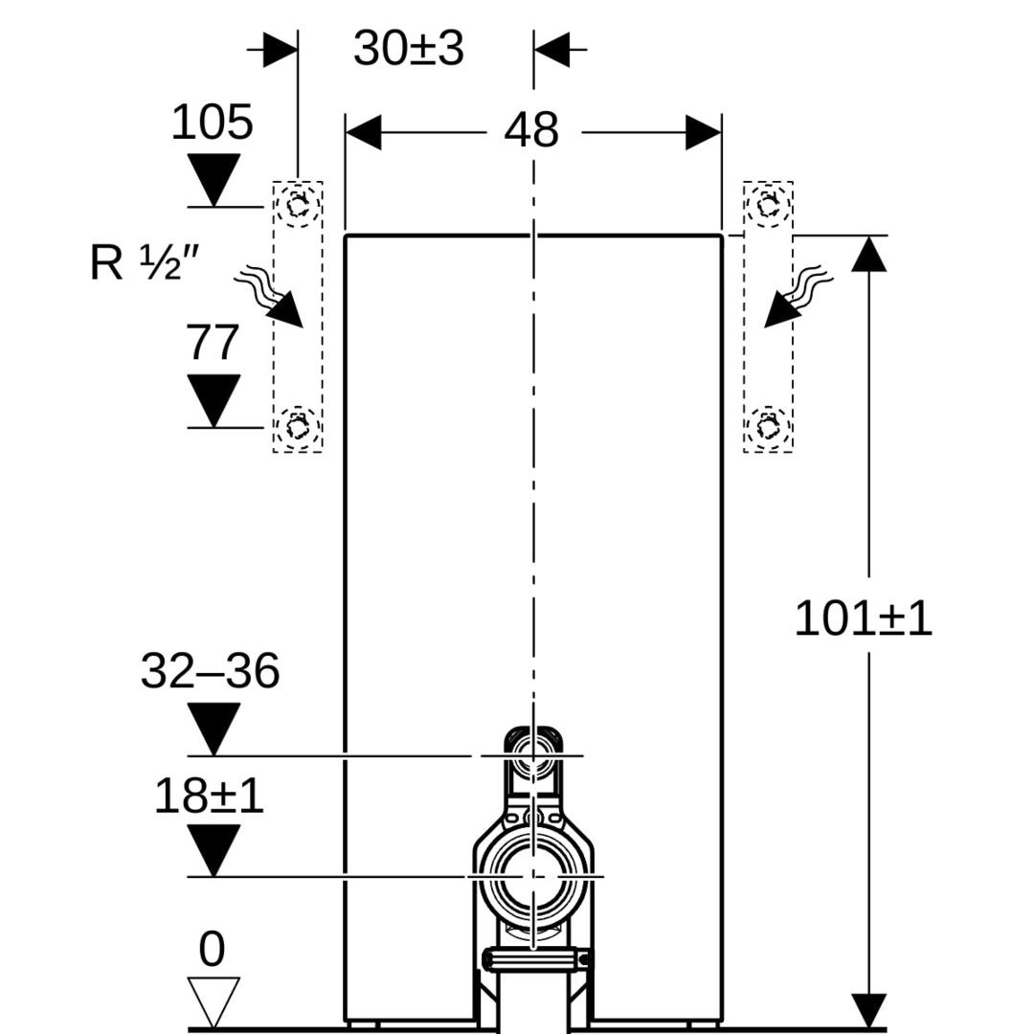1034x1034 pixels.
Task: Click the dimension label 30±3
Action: [408, 48]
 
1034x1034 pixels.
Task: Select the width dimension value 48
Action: [531, 130]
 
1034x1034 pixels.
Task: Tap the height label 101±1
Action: [863, 619]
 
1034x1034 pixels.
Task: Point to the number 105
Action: [212, 123]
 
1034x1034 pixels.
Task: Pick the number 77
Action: [212, 343]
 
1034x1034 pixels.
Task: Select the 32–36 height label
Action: [210, 671]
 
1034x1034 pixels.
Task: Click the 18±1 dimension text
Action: [209, 796]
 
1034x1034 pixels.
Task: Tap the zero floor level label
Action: [212, 950]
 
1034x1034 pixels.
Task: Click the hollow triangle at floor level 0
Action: [213, 1000]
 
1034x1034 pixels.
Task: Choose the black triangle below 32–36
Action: [213, 729]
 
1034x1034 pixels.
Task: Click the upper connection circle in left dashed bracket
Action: [298, 205]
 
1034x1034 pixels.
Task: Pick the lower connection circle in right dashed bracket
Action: [768, 424]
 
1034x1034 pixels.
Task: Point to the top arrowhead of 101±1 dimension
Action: [868, 255]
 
